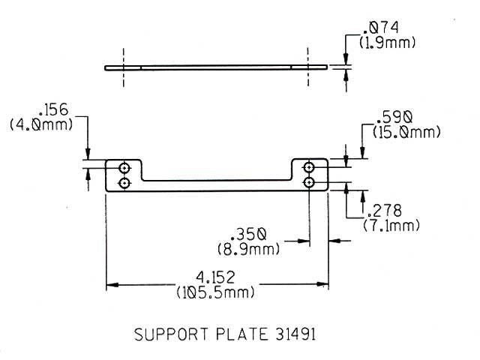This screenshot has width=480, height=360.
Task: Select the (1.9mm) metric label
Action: click(x=387, y=43)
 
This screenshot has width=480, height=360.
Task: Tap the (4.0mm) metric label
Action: click(x=41, y=125)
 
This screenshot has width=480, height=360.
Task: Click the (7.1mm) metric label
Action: click(x=391, y=225)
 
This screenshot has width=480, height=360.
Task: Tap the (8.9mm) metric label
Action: click(x=250, y=248)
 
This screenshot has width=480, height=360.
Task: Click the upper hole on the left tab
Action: click(x=125, y=166)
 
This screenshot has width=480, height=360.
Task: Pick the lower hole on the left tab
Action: click(x=125, y=182)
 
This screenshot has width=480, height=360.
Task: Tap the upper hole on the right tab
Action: click(x=309, y=166)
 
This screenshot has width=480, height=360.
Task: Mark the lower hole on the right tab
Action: click(x=309, y=182)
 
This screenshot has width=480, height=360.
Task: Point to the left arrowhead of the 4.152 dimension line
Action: click(x=112, y=285)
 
